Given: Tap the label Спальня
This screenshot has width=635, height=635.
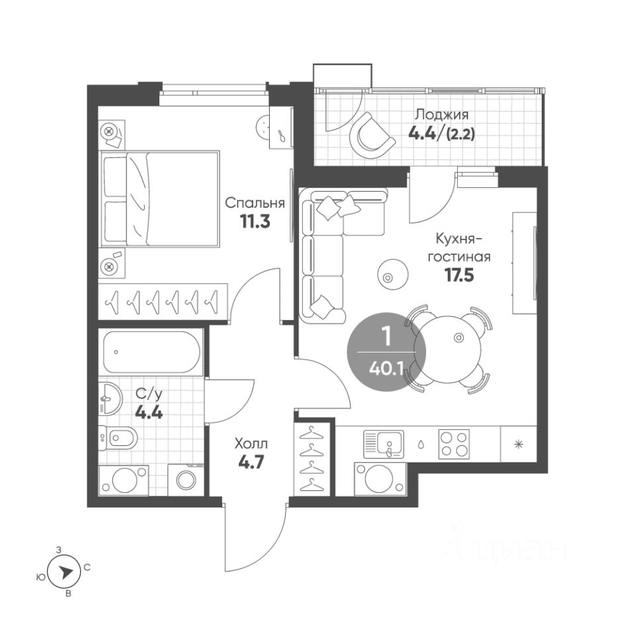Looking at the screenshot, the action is pyautogui.click(x=255, y=202).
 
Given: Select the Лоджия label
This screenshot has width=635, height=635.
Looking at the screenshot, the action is pyautogui.click(x=442, y=114).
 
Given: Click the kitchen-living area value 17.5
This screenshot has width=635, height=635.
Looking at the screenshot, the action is pyautogui.click(x=459, y=275).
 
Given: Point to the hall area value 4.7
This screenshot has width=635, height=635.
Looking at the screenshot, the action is pyautogui.click(x=251, y=462).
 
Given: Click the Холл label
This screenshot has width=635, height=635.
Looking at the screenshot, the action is pyautogui.click(x=251, y=444).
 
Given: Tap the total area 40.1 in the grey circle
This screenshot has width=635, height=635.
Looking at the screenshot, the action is pyautogui.click(x=386, y=369).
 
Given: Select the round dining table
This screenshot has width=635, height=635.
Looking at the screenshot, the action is pyautogui.click(x=448, y=349).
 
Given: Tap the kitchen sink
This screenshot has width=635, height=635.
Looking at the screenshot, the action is pyautogui.click(x=384, y=444).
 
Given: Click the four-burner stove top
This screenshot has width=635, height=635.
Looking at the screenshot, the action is pyautogui.click(x=454, y=444).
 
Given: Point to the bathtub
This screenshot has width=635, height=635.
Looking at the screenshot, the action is pyautogui.click(x=151, y=352).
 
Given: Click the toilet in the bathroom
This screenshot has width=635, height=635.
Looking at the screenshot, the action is pyautogui.click(x=118, y=438).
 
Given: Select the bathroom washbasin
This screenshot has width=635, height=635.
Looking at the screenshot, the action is pyautogui.click(x=110, y=398).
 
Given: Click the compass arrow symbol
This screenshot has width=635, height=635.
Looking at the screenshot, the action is pyautogui.click(x=64, y=572).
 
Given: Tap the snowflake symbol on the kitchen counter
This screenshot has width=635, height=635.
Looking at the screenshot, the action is pyautogui.click(x=519, y=444).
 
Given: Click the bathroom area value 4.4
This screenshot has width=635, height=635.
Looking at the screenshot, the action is pyautogui.click(x=149, y=413).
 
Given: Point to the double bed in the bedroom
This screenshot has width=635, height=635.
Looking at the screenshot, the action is pyautogui.click(x=160, y=199).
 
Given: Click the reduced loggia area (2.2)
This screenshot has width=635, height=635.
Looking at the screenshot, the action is pyautogui.click(x=460, y=134).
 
